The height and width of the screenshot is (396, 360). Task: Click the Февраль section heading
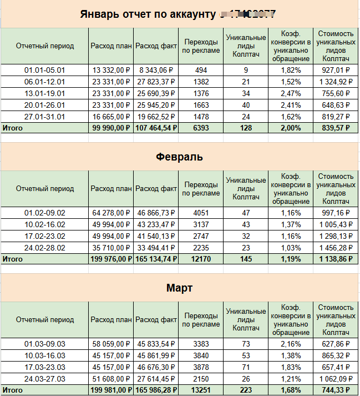click(x=179, y=157)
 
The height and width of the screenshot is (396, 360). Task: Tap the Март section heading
click(x=179, y=288)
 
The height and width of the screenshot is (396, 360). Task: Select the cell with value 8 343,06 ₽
click(x=156, y=71)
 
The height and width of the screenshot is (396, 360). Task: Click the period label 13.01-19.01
click(x=45, y=93)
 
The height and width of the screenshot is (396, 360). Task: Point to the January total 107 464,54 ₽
click(x=156, y=128)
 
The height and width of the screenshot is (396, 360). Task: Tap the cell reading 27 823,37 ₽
click(x=156, y=82)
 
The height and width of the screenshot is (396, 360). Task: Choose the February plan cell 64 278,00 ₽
click(x=111, y=213)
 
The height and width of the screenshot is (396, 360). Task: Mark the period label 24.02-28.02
click(x=45, y=248)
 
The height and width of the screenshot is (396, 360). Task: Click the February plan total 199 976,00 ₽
click(x=111, y=259)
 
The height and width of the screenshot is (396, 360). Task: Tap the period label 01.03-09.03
click(x=45, y=344)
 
